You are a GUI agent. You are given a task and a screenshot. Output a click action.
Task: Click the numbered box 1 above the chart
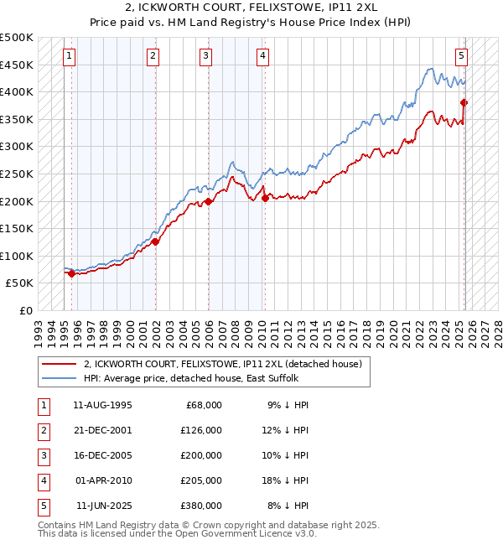point(69,56)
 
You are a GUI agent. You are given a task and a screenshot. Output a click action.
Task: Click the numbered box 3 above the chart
point(206,56)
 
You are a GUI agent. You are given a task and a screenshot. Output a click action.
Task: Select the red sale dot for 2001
point(156,241)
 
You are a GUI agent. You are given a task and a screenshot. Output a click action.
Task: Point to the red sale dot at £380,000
point(464,103)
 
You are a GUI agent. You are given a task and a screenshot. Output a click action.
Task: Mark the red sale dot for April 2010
point(265,199)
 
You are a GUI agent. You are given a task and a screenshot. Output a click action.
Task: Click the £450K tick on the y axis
point(17,65)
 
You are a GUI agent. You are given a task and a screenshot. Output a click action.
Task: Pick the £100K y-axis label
point(17,256)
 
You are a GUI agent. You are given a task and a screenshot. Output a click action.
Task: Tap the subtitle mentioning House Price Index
point(251,24)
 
